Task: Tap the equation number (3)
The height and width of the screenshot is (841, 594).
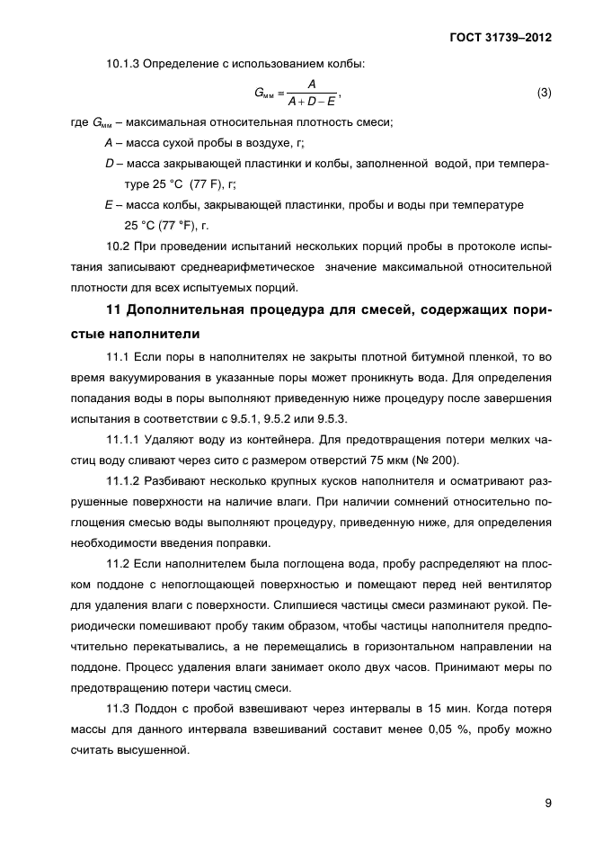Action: [x=543, y=94]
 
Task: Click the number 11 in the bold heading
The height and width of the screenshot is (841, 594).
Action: [x=113, y=312]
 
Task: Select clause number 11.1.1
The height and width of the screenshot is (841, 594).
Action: [x=128, y=442]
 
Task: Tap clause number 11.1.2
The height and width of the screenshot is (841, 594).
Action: [x=128, y=485]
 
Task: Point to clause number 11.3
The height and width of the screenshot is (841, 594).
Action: [x=120, y=708]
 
